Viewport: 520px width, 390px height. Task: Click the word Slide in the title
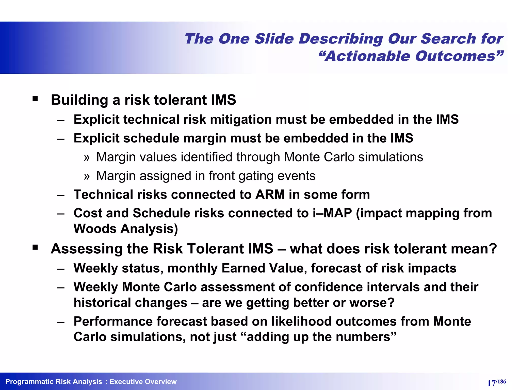coord(274,39)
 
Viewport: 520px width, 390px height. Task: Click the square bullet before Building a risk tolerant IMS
coord(35,99)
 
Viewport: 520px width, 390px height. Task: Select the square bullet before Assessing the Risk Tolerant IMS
coord(35,247)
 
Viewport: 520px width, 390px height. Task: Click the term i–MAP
coord(332,213)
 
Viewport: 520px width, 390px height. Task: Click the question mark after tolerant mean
coord(493,249)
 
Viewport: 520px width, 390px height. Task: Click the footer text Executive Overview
coord(143,382)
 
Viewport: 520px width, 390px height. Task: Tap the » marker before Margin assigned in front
coord(87,176)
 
